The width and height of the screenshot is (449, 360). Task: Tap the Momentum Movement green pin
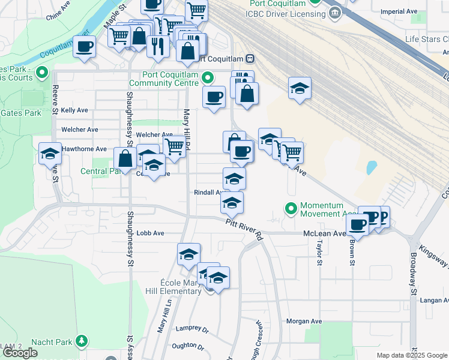pos(292,209)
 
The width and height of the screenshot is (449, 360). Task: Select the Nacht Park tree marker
pos(82,341)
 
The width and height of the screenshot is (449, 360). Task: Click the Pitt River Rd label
pos(245,229)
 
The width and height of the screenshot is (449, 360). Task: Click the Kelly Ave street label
pos(74,110)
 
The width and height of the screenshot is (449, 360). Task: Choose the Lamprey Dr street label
pos(191,329)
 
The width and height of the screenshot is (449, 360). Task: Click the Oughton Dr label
pos(188,345)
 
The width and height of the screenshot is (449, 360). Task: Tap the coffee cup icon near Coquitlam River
pos(84,47)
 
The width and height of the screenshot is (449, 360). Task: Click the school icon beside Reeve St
pos(50,155)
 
